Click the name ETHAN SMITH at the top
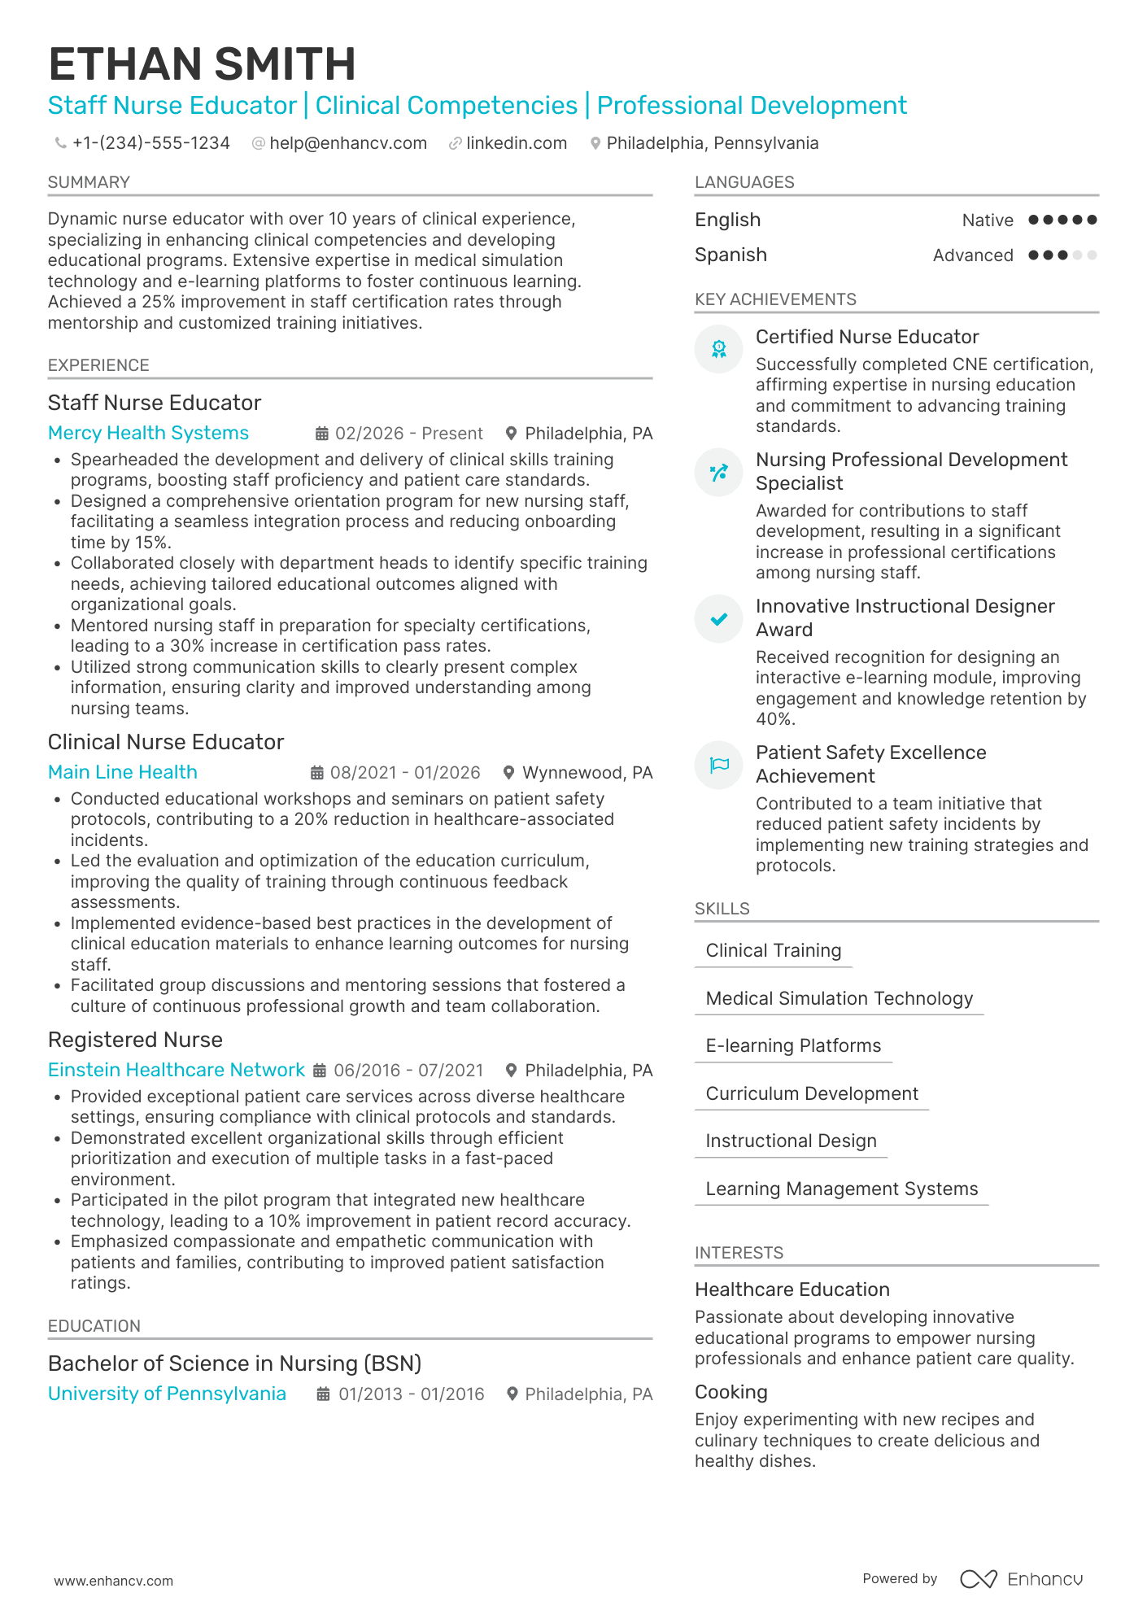pyautogui.click(x=202, y=64)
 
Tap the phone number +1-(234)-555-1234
pyautogui.click(x=150, y=143)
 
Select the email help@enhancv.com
pyautogui.click(x=347, y=143)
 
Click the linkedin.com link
pyautogui.click(x=516, y=143)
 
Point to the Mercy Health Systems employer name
pyautogui.click(x=148, y=433)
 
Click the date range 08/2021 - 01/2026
pyautogui.click(x=404, y=772)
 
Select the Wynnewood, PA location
pyautogui.click(x=587, y=772)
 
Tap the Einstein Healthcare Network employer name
pyautogui.click(x=176, y=1070)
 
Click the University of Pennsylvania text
pyautogui.click(x=167, y=1394)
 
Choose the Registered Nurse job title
pyautogui.click(x=135, y=1040)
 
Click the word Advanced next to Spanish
pyautogui.click(x=972, y=255)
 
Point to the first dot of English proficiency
pyautogui.click(x=1033, y=220)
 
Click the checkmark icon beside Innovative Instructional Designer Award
pyautogui.click(x=719, y=619)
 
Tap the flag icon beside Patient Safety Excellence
pyautogui.click(x=719, y=765)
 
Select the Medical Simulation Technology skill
pyautogui.click(x=839, y=998)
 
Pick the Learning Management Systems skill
pyautogui.click(x=841, y=1189)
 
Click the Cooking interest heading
pyautogui.click(x=731, y=1392)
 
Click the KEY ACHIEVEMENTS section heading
pyautogui.click(x=774, y=299)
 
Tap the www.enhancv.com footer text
pyautogui.click(x=113, y=1581)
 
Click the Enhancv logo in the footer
pyautogui.click(x=1022, y=1579)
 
